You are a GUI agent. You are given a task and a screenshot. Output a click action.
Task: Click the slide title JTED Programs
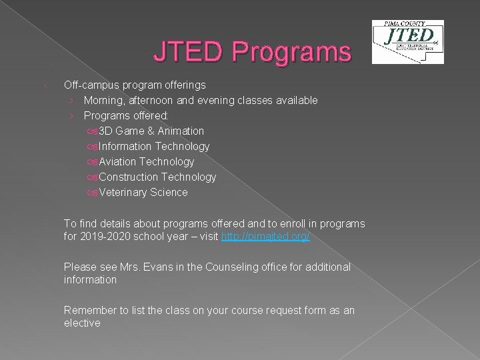point(252,51)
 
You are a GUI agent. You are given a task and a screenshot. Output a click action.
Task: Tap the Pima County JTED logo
point(407,41)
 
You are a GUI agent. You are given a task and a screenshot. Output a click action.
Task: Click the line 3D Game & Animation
point(151,131)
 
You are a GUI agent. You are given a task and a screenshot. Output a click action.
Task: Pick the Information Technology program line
point(153,146)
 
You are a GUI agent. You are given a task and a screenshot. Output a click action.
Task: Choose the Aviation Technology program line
point(146,161)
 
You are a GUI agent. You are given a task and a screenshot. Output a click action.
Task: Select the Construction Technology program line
point(157,177)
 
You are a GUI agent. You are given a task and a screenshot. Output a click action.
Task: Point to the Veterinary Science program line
point(143,192)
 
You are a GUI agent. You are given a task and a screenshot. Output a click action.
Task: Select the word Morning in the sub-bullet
point(103,100)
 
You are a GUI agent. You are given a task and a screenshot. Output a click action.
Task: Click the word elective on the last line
point(82,323)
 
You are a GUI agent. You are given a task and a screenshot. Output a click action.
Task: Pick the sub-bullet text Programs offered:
point(126,115)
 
